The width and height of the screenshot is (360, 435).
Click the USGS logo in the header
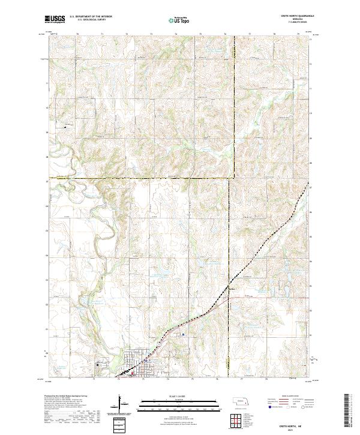coord(55,19)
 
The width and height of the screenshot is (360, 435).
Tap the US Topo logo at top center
coord(179,20)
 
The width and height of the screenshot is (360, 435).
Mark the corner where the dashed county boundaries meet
coord(233,178)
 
